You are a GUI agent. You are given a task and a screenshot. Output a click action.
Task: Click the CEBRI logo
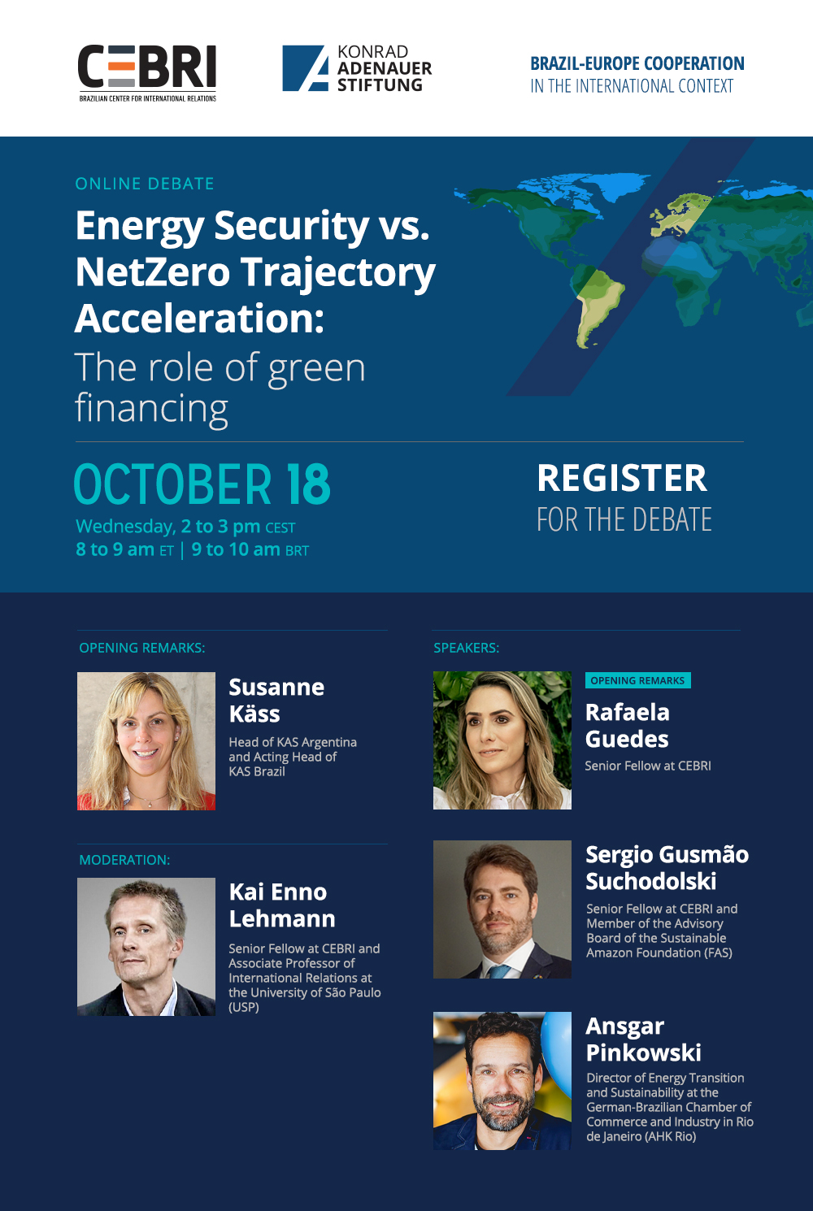click(x=147, y=73)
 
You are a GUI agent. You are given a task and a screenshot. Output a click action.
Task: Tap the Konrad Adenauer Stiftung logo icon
click(x=305, y=68)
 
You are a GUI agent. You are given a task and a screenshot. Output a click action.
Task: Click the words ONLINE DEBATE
click(x=145, y=184)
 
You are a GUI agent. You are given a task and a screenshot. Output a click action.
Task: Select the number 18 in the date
click(x=309, y=484)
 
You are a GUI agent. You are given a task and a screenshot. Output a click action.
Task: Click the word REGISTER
click(x=622, y=479)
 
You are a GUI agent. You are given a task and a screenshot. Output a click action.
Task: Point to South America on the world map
click(x=598, y=302)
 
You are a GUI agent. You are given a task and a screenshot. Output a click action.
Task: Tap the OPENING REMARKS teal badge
click(x=637, y=680)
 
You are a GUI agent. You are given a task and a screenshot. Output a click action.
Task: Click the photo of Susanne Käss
click(x=146, y=740)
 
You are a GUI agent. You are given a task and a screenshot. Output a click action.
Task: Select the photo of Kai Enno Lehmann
click(x=146, y=946)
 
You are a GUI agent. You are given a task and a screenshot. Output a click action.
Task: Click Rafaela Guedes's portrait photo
click(x=502, y=740)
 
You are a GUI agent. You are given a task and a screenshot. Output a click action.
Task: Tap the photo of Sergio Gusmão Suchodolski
click(x=502, y=909)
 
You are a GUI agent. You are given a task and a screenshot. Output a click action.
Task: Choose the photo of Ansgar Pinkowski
click(x=502, y=1081)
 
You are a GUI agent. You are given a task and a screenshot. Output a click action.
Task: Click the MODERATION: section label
click(x=124, y=860)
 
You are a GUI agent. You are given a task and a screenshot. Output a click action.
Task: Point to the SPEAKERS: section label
click(x=467, y=648)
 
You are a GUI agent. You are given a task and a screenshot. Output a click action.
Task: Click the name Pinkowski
click(x=644, y=1053)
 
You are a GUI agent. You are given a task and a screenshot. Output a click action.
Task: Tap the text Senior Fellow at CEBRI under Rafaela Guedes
click(x=648, y=766)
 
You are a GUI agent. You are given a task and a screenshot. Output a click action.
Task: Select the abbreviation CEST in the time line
click(x=280, y=527)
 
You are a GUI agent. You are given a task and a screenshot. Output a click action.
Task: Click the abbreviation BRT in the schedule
click(x=297, y=551)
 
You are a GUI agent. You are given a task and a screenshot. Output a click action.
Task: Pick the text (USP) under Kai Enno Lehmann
click(x=243, y=1007)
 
